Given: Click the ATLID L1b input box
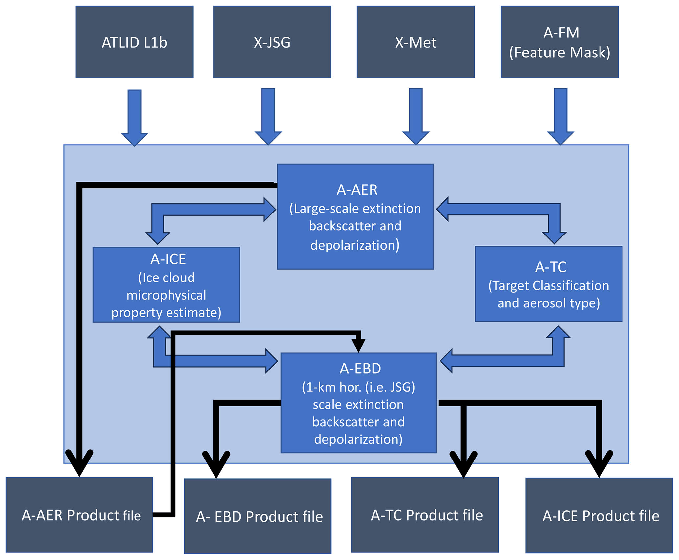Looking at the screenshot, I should click(134, 42).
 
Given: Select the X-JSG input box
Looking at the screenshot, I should click(272, 42).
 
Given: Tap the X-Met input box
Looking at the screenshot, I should click(416, 42).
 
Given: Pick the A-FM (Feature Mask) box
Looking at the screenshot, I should click(559, 42).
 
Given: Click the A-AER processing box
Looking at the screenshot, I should click(355, 217).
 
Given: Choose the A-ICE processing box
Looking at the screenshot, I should click(166, 285).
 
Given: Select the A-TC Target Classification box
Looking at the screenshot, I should click(549, 284).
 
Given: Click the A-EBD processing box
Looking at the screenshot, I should click(358, 403).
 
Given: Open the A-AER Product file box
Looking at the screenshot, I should click(79, 515).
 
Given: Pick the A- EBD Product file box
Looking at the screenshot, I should click(258, 516).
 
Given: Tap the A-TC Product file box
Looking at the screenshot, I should click(425, 515).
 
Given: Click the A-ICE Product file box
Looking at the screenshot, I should click(599, 516).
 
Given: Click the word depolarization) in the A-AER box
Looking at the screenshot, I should click(355, 245).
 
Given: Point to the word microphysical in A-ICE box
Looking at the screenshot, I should click(166, 295).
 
